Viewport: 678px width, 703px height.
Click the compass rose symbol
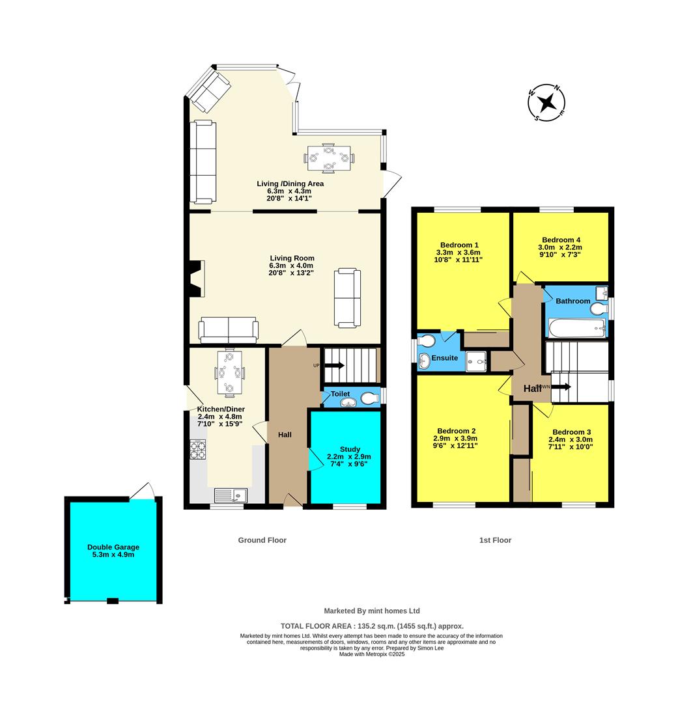(x=546, y=103)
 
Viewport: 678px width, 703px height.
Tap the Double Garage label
(x=113, y=547)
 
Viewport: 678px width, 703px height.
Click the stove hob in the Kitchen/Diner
(x=198, y=450)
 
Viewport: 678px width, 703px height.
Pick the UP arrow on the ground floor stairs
(x=335, y=366)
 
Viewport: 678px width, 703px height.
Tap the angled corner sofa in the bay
(x=208, y=90)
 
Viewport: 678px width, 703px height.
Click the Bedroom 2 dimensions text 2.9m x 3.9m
(x=456, y=439)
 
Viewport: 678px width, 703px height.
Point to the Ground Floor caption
(x=262, y=540)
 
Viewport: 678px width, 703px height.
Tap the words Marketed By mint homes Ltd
(x=372, y=611)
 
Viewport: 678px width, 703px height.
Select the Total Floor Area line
(x=372, y=624)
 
